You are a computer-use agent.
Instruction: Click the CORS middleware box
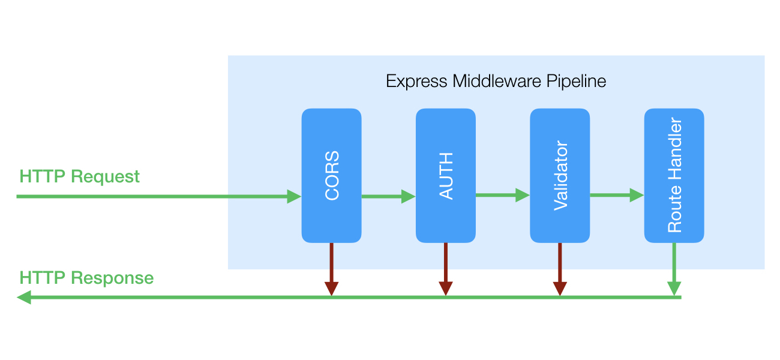coord(331,175)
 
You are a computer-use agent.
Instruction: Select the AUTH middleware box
coord(446,175)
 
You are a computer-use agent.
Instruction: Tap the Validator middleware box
coord(560,175)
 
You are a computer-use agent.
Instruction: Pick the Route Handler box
coord(674,175)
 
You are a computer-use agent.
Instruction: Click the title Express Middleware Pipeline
coord(496,81)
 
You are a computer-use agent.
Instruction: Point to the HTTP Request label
coord(79,176)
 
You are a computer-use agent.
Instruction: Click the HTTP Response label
coord(86,278)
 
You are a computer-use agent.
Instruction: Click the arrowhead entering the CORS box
coord(294,196)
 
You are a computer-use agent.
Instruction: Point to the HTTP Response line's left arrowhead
coord(24,297)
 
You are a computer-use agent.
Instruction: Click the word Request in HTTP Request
coord(105,176)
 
